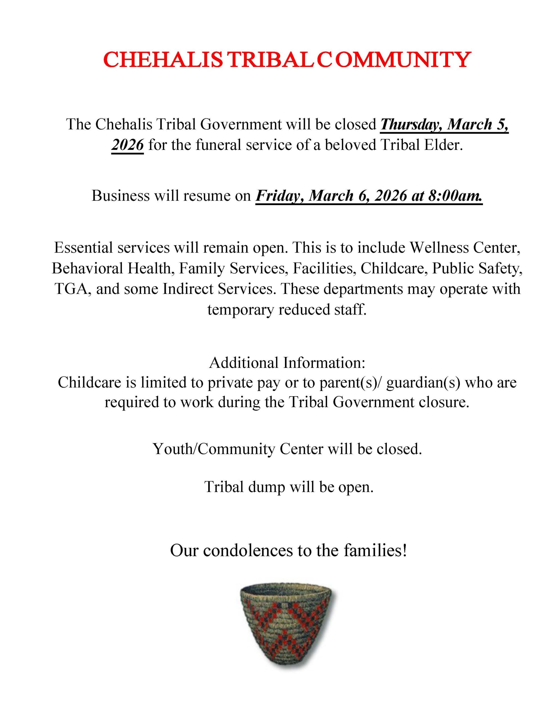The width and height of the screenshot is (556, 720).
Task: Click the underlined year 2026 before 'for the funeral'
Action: [x=128, y=145]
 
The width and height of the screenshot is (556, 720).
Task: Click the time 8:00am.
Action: [x=455, y=196]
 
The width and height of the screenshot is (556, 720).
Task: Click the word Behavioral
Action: [x=87, y=268]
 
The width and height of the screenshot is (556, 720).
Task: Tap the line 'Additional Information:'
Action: [x=287, y=363]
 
